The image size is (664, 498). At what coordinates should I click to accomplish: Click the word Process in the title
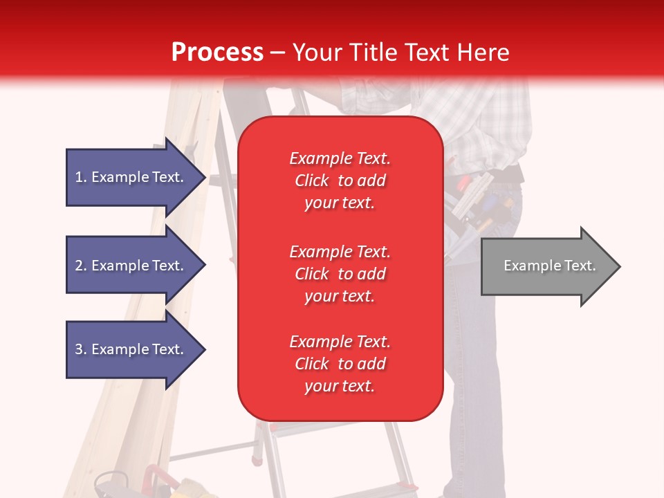click(x=217, y=53)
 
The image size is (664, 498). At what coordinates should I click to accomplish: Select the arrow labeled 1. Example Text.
click(x=131, y=178)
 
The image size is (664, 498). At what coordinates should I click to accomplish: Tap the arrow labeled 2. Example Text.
click(x=131, y=266)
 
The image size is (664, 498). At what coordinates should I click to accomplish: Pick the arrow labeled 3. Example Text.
click(x=131, y=349)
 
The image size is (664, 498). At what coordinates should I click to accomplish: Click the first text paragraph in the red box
click(x=340, y=181)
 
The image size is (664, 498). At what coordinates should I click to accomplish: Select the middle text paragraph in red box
click(x=340, y=274)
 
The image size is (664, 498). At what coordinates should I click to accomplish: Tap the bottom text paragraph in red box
click(x=340, y=364)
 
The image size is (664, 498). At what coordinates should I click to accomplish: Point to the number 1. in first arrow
click(x=81, y=178)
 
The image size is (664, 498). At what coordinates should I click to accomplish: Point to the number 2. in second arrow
click(x=81, y=266)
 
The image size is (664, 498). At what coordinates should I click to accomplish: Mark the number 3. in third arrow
click(x=81, y=349)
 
